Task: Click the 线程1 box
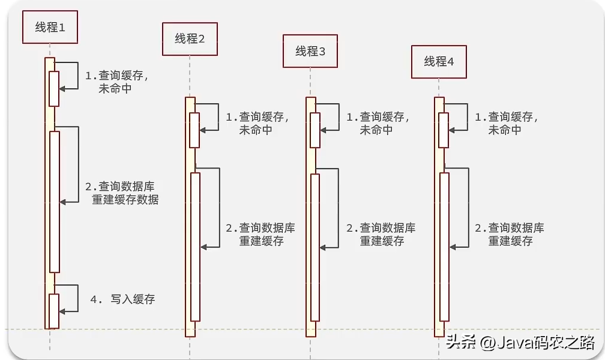[50, 28]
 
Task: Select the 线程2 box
[190, 39]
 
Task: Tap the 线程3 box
[310, 51]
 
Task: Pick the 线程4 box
[439, 61]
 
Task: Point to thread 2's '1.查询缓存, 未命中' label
[257, 124]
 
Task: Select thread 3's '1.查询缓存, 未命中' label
[378, 124]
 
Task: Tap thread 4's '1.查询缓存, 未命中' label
[506, 124]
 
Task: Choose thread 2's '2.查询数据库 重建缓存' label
[260, 235]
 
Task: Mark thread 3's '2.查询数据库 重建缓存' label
[381, 235]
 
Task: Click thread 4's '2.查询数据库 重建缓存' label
[510, 235]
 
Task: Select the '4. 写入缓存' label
[122, 299]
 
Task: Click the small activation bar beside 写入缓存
[54, 310]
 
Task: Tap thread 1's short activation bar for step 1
[54, 88]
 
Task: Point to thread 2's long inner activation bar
[195, 246]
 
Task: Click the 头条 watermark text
[461, 343]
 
